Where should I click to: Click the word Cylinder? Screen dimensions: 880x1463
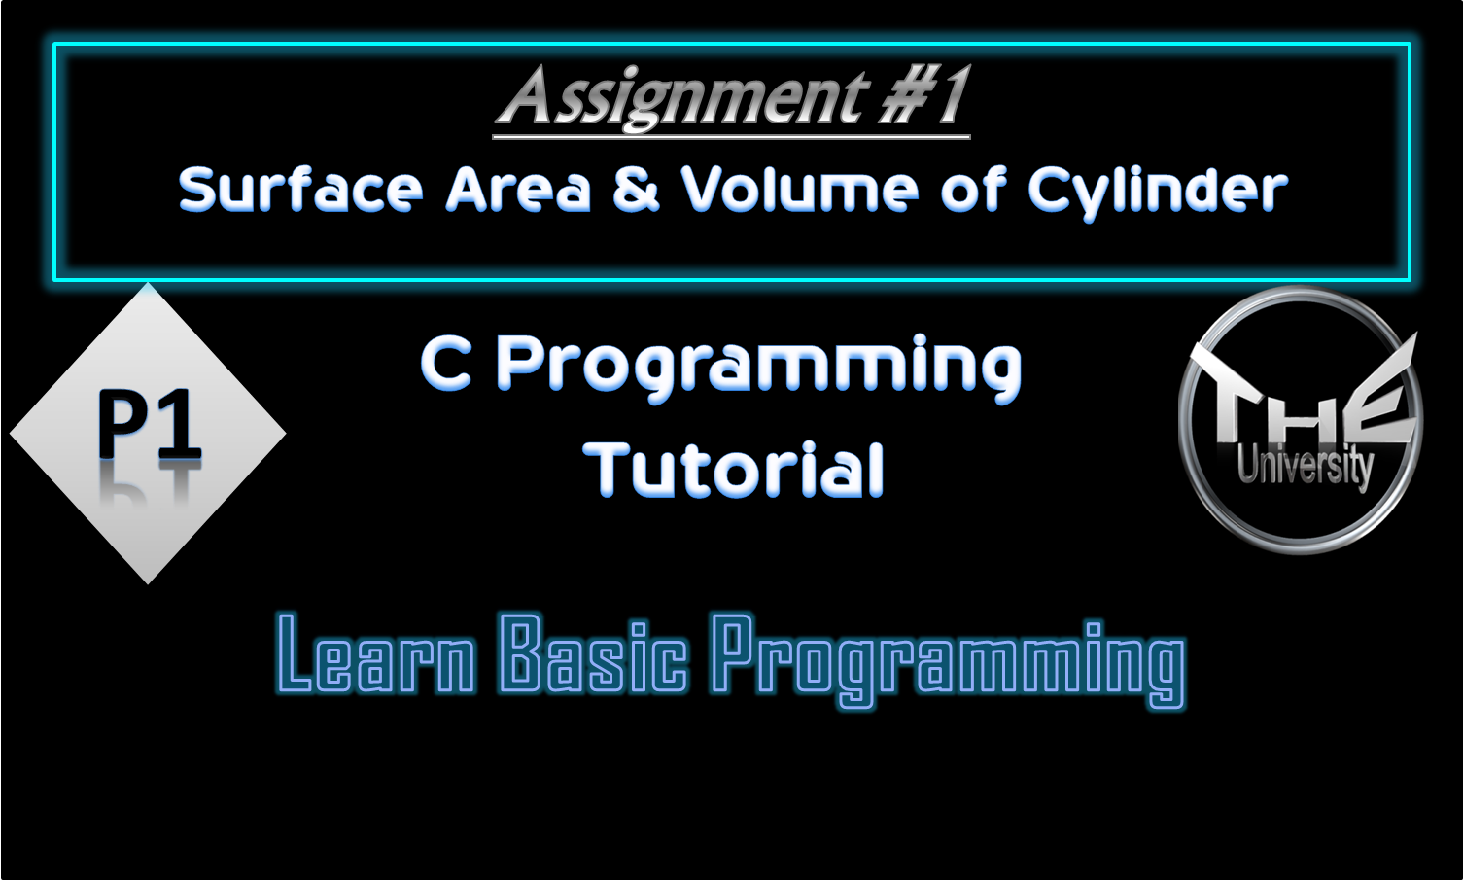(1157, 191)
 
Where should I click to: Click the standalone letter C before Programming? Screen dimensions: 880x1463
(446, 365)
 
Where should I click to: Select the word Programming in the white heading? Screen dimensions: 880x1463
(759, 368)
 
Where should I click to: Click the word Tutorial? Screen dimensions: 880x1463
(734, 470)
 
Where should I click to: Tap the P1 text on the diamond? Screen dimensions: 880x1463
(149, 424)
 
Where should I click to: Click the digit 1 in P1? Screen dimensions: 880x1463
(181, 424)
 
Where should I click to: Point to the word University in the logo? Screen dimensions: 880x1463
(1305, 466)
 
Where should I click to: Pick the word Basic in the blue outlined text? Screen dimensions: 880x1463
(594, 654)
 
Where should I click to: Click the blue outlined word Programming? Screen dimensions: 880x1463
(948, 658)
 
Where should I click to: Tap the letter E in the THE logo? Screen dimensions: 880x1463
(1380, 408)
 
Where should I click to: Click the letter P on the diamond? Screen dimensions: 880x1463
(121, 424)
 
